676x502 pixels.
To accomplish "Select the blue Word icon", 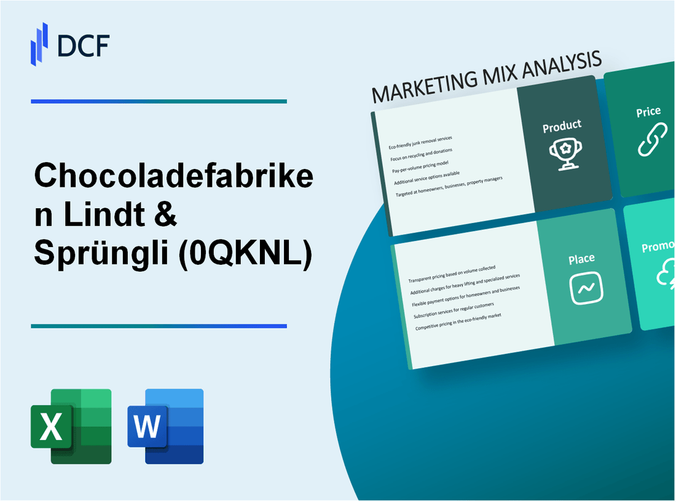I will tap(165, 426).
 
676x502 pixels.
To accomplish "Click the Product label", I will tap(562, 126).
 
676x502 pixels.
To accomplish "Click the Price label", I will tap(648, 112).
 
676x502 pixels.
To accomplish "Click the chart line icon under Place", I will tap(586, 288).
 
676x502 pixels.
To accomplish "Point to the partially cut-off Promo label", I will tap(658, 247).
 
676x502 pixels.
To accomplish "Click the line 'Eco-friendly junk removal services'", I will tap(425, 143).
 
